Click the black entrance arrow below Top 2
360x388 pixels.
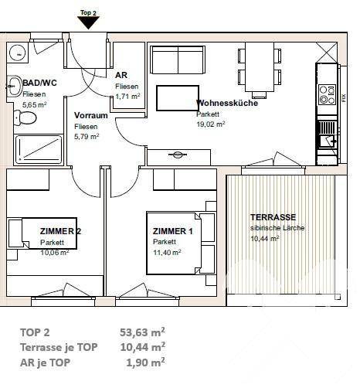(x=88, y=22)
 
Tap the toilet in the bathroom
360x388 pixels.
(x=25, y=117)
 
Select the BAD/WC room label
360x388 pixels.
(x=39, y=83)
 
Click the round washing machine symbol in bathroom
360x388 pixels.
(x=18, y=53)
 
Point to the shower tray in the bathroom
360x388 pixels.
(x=39, y=150)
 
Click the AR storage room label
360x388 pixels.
(x=121, y=75)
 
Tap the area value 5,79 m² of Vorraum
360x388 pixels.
(x=87, y=137)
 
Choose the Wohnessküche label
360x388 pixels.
(x=227, y=103)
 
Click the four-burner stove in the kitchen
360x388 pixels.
(x=327, y=94)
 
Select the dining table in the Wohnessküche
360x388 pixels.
(x=260, y=67)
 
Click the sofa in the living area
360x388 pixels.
(x=178, y=60)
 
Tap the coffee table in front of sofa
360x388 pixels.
(x=178, y=98)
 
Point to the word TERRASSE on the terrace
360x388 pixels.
(x=273, y=217)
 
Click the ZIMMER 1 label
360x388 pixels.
(x=172, y=231)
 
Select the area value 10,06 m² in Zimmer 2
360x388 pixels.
(x=55, y=252)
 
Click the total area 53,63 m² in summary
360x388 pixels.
(x=142, y=332)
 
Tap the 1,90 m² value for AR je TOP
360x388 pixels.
(x=145, y=362)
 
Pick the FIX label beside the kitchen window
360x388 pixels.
(x=344, y=98)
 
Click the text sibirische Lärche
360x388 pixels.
(x=277, y=228)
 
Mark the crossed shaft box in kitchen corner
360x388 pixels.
(x=327, y=53)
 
